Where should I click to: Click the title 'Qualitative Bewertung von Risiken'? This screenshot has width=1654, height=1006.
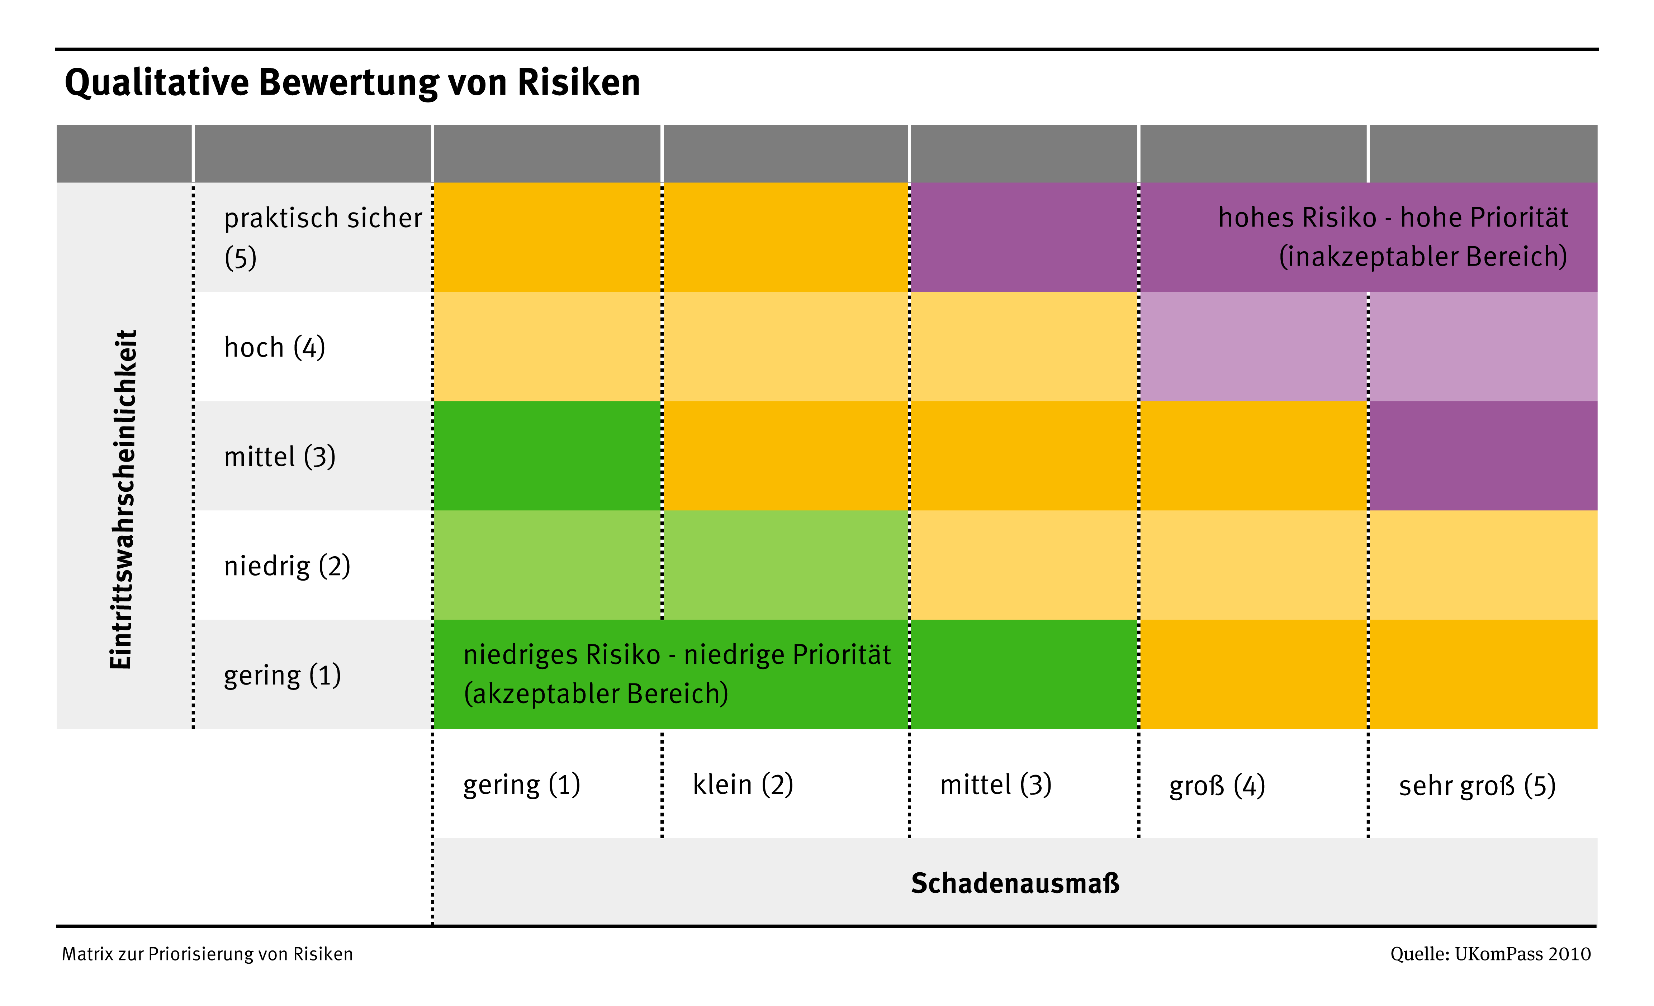pos(352,82)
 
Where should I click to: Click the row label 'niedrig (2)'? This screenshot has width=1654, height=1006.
pos(286,566)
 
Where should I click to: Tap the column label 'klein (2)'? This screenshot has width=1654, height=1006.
pos(743,784)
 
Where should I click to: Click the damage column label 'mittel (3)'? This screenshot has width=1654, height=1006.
pos(995,784)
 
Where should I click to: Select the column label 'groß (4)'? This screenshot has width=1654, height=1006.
pos(1217,785)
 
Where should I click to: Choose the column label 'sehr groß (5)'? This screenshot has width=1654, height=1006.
pos(1477,785)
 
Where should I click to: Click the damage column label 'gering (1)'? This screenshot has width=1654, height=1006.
pos(522,784)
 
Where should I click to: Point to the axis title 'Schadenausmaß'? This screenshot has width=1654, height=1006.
pos(1015,883)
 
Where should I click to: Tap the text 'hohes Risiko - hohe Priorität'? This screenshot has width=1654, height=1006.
pos(1393,218)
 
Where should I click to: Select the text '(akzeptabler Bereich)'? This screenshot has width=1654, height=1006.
pos(596,693)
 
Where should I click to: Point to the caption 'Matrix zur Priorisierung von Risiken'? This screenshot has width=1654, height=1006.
pos(207,954)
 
